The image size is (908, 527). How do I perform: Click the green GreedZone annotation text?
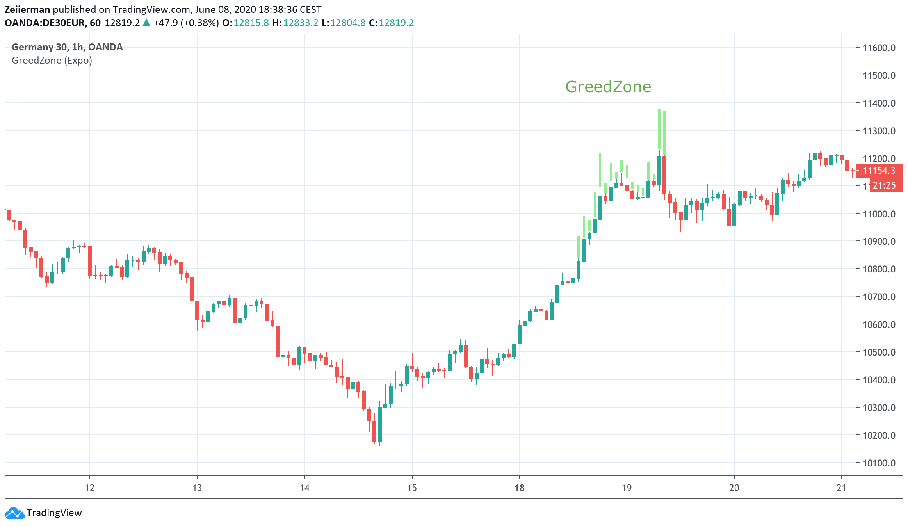[x=608, y=87]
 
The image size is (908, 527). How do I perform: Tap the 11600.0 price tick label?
[x=879, y=48]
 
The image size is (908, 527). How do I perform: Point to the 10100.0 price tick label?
[x=879, y=463]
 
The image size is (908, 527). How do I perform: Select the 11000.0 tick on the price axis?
[x=879, y=214]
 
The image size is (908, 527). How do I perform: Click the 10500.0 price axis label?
[x=879, y=353]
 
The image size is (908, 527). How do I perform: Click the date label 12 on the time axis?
[x=90, y=488]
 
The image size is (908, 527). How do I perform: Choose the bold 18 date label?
[x=519, y=488]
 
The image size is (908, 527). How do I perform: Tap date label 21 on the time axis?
[x=842, y=488]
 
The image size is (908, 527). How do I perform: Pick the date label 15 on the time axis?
[x=412, y=488]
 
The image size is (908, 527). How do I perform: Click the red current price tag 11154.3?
[x=879, y=171]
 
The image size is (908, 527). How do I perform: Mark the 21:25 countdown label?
[x=884, y=185]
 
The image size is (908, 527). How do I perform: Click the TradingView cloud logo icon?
[x=15, y=513]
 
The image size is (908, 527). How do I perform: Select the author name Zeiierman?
[x=27, y=10]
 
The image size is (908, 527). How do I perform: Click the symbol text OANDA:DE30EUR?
[x=45, y=23]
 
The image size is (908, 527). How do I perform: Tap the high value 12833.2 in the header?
[x=301, y=23]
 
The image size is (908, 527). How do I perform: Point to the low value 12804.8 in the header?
[x=348, y=23]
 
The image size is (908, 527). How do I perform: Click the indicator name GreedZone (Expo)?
[x=52, y=61]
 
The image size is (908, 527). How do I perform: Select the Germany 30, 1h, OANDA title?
[x=67, y=47]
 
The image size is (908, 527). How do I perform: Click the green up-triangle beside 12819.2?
[x=146, y=23]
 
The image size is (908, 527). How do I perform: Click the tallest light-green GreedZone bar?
[x=659, y=129]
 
